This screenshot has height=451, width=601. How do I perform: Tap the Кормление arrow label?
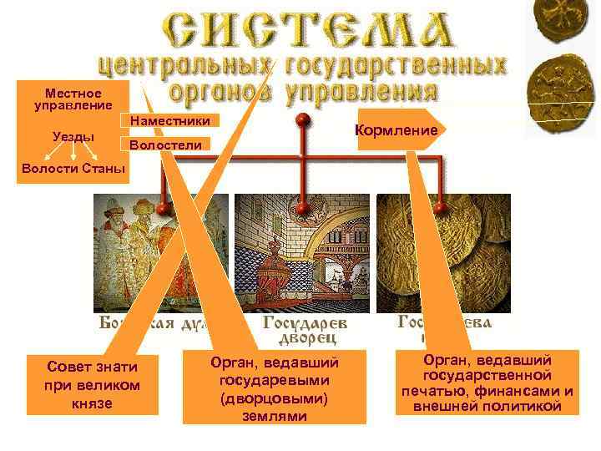(396, 130)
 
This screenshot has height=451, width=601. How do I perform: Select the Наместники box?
(170, 122)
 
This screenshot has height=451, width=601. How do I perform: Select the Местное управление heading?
(73, 99)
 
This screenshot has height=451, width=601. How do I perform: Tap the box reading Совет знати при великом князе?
(92, 384)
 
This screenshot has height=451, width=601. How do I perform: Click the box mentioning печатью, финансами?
(487, 383)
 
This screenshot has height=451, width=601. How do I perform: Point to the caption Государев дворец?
(306, 329)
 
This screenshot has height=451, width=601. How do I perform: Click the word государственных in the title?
(396, 64)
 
